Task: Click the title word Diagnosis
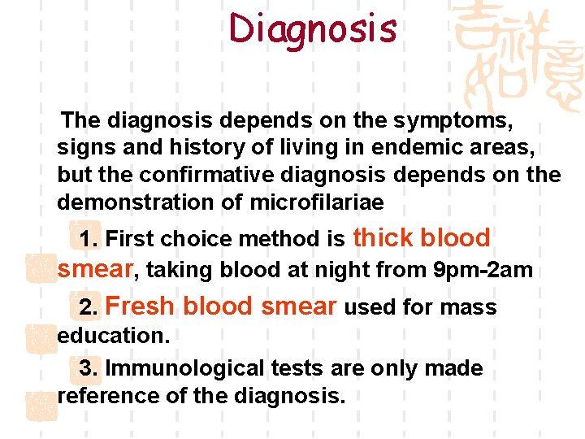pyautogui.click(x=313, y=29)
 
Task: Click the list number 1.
pyautogui.click(x=89, y=239)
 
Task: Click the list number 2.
pyautogui.click(x=89, y=307)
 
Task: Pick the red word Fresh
pyautogui.click(x=140, y=306)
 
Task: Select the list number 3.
pyautogui.click(x=89, y=368)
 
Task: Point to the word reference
pyautogui.click(x=103, y=396)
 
